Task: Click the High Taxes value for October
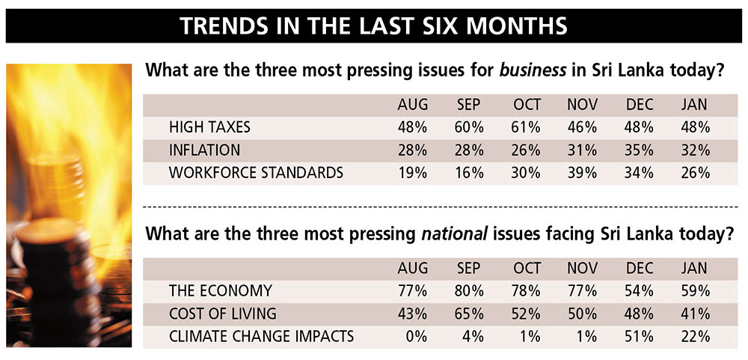click(526, 127)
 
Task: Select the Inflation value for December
click(640, 150)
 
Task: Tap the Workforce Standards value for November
click(582, 173)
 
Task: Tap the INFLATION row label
click(204, 150)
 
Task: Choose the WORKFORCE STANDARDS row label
click(256, 173)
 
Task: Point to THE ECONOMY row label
click(221, 290)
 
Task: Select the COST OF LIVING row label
click(224, 313)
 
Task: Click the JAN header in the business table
click(695, 105)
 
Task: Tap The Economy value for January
click(695, 290)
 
